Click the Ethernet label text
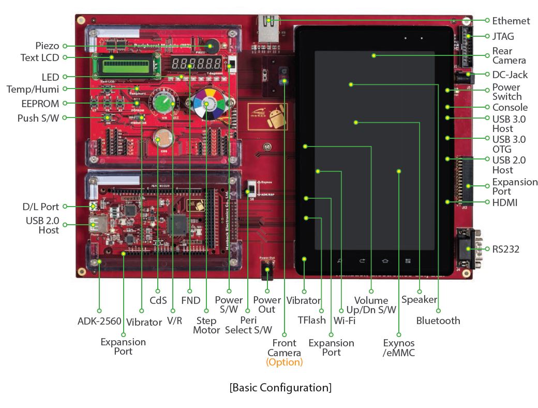point(511,21)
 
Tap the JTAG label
point(503,36)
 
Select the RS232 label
point(506,249)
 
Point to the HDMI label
point(505,202)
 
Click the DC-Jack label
point(510,75)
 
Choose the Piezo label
point(48,46)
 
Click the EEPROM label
point(40,104)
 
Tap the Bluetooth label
point(438,320)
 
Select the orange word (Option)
point(285,362)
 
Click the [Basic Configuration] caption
point(281,387)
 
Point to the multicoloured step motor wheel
point(207,104)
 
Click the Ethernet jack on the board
point(268,28)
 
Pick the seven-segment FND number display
point(197,63)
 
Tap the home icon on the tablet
point(385,261)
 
